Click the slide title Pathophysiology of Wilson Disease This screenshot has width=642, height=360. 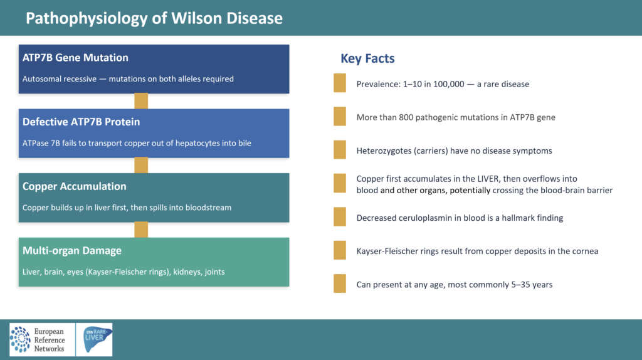pyautogui.click(x=154, y=18)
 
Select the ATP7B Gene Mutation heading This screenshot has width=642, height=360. pyautogui.click(x=75, y=58)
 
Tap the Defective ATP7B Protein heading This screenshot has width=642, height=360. pyautogui.click(x=81, y=122)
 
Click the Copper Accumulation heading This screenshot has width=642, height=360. pyautogui.click(x=74, y=186)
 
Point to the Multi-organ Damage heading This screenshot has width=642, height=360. pyautogui.click(x=71, y=251)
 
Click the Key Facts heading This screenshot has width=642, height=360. pyautogui.click(x=367, y=58)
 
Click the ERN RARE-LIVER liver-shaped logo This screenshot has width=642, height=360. pyautogui.click(x=95, y=339)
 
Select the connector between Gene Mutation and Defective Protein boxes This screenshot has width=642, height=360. pyautogui.click(x=141, y=101)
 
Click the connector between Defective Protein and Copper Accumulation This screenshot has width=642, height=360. pyautogui.click(x=141, y=166)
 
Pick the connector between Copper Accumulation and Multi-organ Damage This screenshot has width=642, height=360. pyautogui.click(x=141, y=230)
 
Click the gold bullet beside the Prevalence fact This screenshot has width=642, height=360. pyautogui.click(x=340, y=83)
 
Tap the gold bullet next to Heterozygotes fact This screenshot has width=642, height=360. pyautogui.click(x=340, y=150)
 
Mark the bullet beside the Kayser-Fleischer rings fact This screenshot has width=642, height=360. pyautogui.click(x=340, y=250)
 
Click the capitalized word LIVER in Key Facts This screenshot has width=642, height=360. pyautogui.click(x=488, y=179)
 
